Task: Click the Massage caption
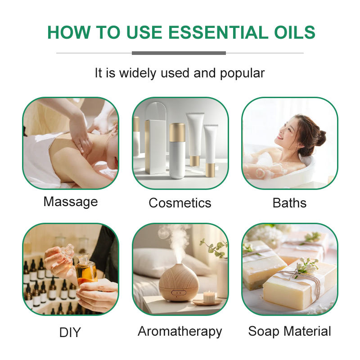pos(70,201)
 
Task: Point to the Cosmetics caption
pos(180,202)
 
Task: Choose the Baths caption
pos(289,202)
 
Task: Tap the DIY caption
pos(70,333)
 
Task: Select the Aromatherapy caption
pos(180,332)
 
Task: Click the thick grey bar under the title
pos(179,53)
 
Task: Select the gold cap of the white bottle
pos(177,132)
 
